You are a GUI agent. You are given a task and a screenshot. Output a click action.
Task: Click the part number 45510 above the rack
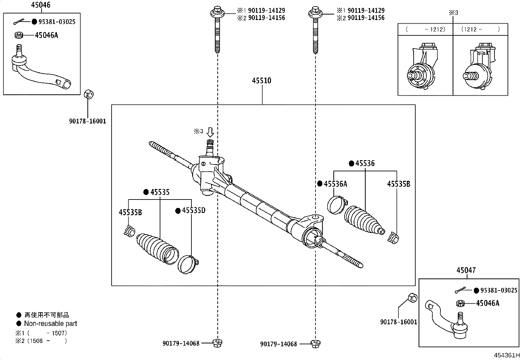pos(262,81)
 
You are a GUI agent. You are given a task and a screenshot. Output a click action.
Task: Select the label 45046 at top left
pos(41,5)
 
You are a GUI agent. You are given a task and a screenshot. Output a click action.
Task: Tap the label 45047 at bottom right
pos(466,270)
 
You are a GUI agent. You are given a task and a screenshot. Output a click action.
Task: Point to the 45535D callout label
pos(193,210)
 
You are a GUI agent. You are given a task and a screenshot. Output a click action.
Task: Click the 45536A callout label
pos(335,184)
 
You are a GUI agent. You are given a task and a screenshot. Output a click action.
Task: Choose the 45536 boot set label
pos(365,163)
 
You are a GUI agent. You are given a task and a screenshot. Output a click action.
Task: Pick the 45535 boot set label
pos(160,192)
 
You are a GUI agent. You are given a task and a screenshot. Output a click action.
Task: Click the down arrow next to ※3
pos(210,132)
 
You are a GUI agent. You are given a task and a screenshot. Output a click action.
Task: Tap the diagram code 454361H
pos(507,355)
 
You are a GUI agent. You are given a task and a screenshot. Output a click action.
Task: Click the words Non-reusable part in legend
pos(50,323)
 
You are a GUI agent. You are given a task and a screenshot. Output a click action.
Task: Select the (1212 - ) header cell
pos(480,29)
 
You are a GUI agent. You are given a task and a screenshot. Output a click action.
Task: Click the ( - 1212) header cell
pos(425,29)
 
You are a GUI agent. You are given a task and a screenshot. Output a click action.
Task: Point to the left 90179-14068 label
pos(181,344)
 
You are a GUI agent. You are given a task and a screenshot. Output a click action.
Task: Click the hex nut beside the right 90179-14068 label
pos(315,344)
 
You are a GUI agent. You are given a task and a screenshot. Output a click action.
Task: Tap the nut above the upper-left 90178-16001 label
pos(89,94)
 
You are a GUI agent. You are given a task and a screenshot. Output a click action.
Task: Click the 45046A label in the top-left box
pos(46,35)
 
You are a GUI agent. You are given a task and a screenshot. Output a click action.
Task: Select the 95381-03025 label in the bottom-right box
pos(499,290)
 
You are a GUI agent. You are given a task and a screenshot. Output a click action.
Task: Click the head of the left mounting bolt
pos(217,12)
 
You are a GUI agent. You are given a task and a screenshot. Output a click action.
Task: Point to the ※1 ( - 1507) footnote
pos(41,333)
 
